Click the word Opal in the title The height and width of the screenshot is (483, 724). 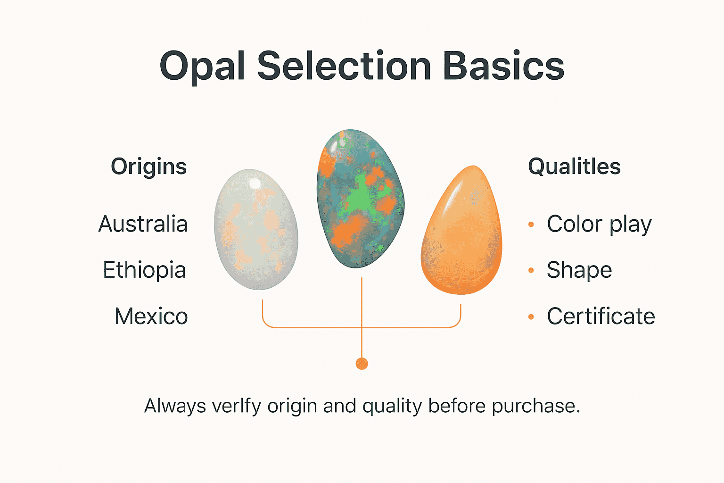202,66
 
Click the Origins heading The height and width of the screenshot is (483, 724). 148,167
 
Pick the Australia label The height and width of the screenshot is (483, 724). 143,224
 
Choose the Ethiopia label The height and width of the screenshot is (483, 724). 144,270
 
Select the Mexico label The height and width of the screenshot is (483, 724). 151,316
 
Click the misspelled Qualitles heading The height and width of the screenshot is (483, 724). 574,167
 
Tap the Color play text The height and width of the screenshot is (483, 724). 599,225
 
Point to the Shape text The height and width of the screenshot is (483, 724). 579,270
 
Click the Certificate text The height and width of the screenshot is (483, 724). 601,316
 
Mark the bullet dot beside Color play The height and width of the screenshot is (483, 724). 531,225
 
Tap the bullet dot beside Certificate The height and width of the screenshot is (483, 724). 531,317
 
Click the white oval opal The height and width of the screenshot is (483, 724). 256,230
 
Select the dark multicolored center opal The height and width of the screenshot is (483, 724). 360,198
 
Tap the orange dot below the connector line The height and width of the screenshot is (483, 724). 362,364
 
